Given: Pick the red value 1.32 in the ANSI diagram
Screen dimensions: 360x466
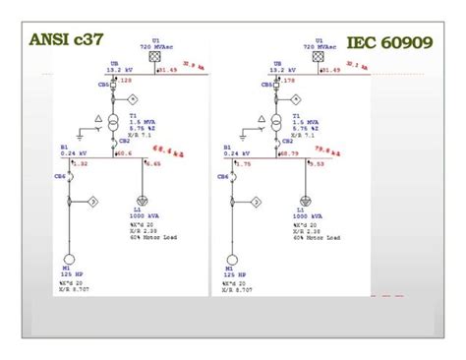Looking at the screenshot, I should (81, 163).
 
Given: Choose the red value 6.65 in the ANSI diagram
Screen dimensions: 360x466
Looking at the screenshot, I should (153, 163).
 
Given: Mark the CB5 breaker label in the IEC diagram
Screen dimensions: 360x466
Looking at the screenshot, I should (268, 85).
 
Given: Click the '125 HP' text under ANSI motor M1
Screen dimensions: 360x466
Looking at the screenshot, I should (71, 272).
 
